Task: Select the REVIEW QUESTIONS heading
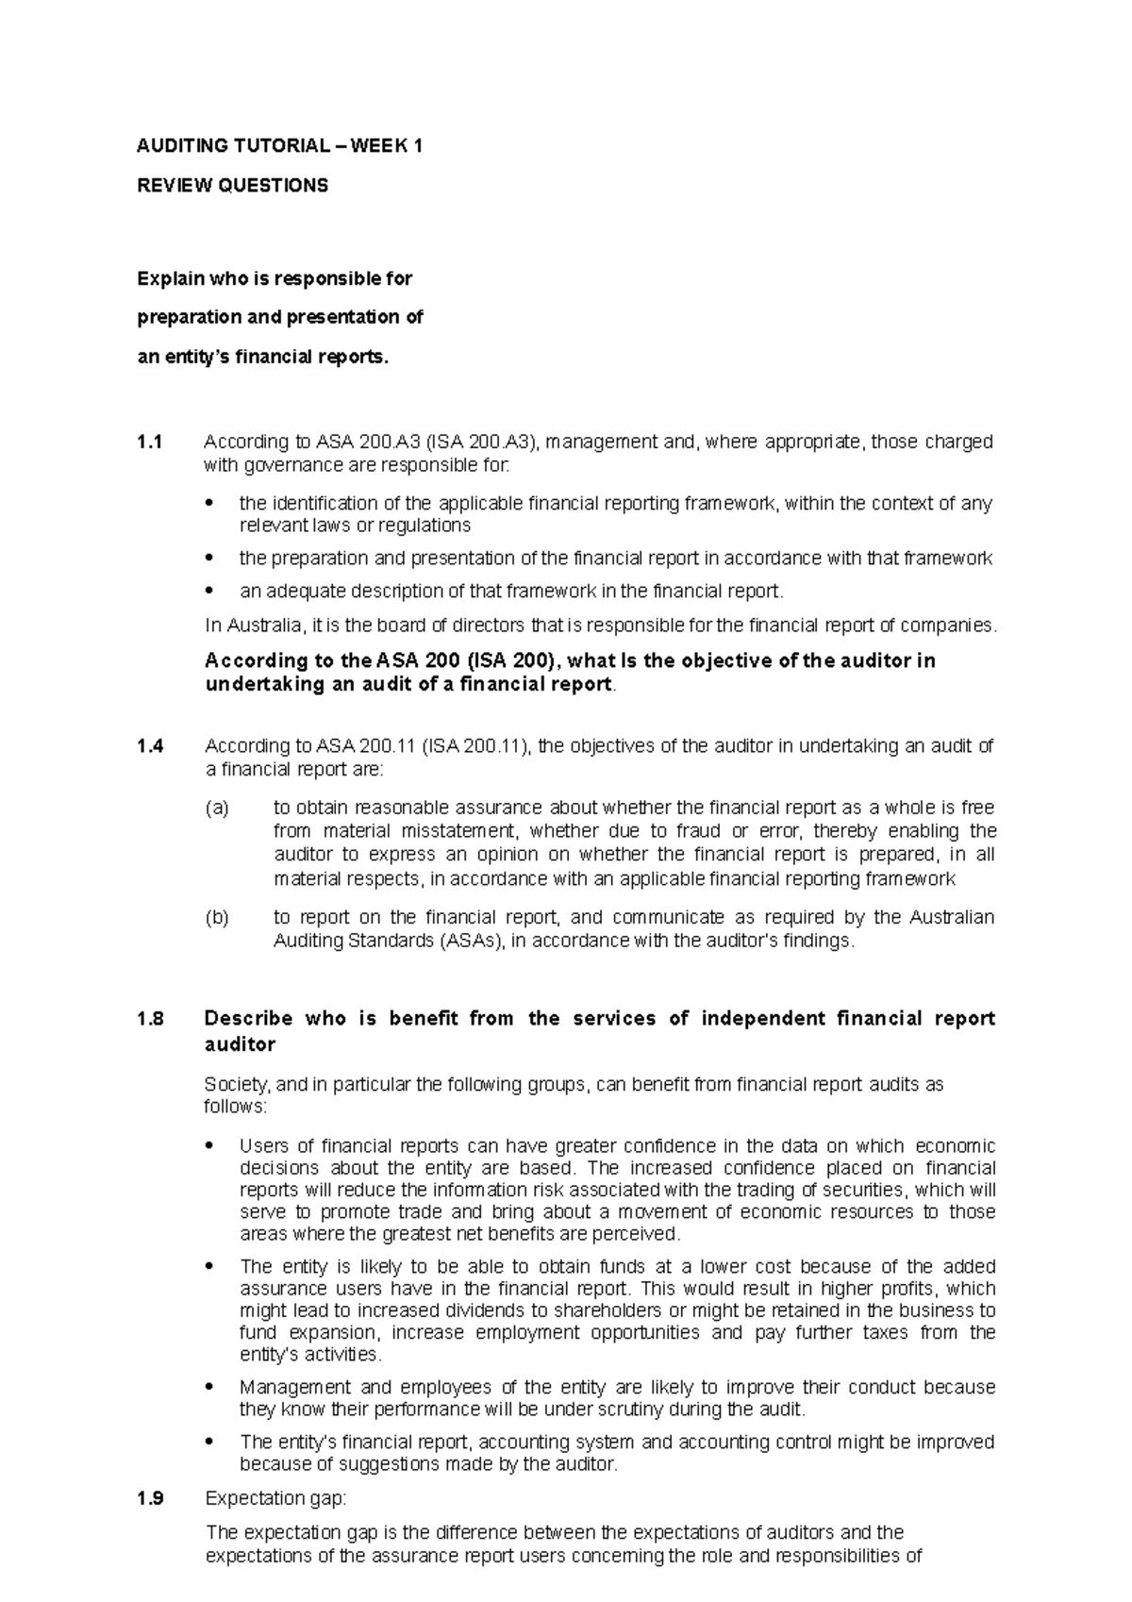[x=233, y=186]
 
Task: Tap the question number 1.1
[x=150, y=442]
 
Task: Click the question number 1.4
[x=150, y=746]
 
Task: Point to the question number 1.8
[x=150, y=1019]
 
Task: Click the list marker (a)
[x=217, y=809]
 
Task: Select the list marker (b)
[x=217, y=917]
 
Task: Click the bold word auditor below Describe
[x=240, y=1044]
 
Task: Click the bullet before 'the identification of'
[x=210, y=505]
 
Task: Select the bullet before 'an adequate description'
[x=210, y=592]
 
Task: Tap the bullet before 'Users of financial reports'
[x=210, y=1147]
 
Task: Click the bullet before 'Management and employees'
[x=210, y=1389]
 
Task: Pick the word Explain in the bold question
[x=169, y=279]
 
